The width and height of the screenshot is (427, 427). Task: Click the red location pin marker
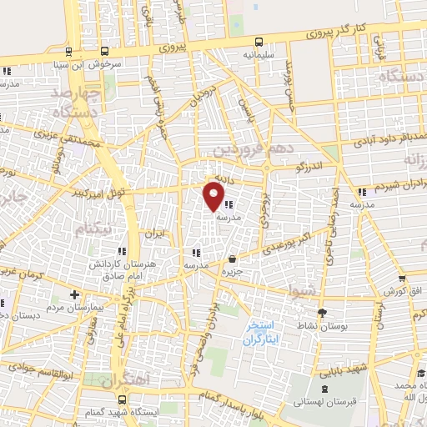pos(214,197)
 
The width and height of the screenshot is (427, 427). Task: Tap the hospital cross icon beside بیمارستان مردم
pos(75,294)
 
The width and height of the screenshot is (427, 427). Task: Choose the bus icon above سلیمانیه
pos(259,41)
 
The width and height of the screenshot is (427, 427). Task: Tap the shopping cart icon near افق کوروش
pos(401,279)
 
